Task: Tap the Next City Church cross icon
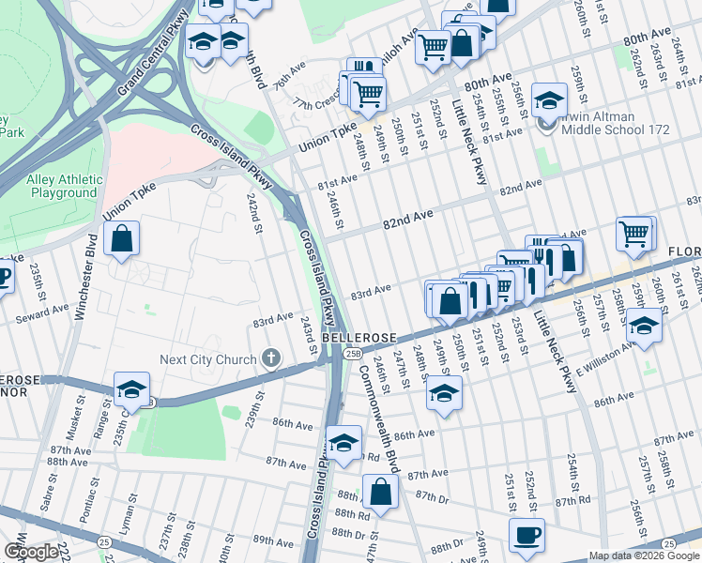click(271, 358)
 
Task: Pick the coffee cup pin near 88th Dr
click(526, 535)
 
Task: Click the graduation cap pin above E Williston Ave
click(644, 326)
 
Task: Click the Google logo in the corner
click(30, 552)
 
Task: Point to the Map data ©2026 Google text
click(644, 555)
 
